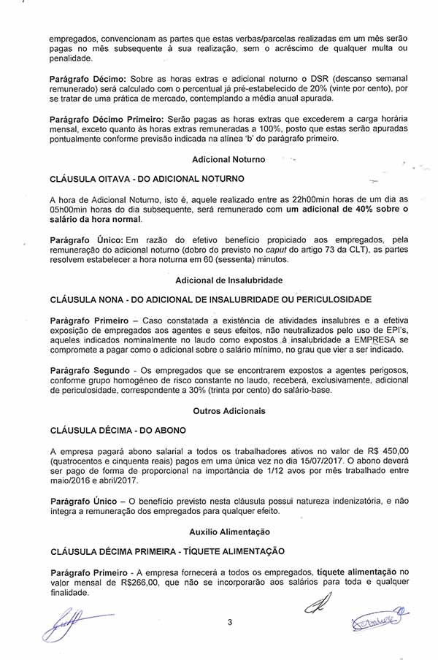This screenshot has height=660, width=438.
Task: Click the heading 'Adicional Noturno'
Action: tap(228, 159)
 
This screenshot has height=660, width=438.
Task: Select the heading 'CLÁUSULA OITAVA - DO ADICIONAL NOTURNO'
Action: tap(147, 179)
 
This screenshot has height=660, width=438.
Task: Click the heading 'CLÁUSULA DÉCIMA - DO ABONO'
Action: tap(118, 431)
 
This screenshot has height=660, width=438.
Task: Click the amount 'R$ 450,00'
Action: tap(387, 452)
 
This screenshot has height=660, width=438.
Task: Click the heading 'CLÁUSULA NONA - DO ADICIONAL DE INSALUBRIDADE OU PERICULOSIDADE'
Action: tap(210, 299)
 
